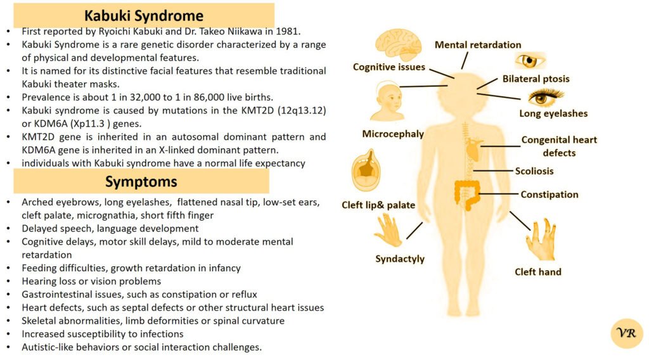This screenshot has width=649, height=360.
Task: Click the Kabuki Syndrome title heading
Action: [x=145, y=15]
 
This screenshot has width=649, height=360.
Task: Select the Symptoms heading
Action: [x=141, y=182]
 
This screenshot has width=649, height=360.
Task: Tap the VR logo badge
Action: [x=626, y=333]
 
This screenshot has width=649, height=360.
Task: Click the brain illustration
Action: [x=398, y=45]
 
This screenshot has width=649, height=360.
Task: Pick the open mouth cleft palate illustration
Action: [x=366, y=173]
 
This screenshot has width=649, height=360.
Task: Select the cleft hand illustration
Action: [x=541, y=241]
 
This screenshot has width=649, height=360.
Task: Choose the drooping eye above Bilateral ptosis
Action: [x=529, y=61]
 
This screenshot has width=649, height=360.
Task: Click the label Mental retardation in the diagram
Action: [x=477, y=45]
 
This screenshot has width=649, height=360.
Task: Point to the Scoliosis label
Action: [x=534, y=171]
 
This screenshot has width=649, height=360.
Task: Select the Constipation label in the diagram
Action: [x=549, y=195]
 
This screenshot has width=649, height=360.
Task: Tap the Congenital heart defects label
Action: [x=559, y=146]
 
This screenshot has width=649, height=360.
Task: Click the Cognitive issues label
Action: [x=389, y=67]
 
